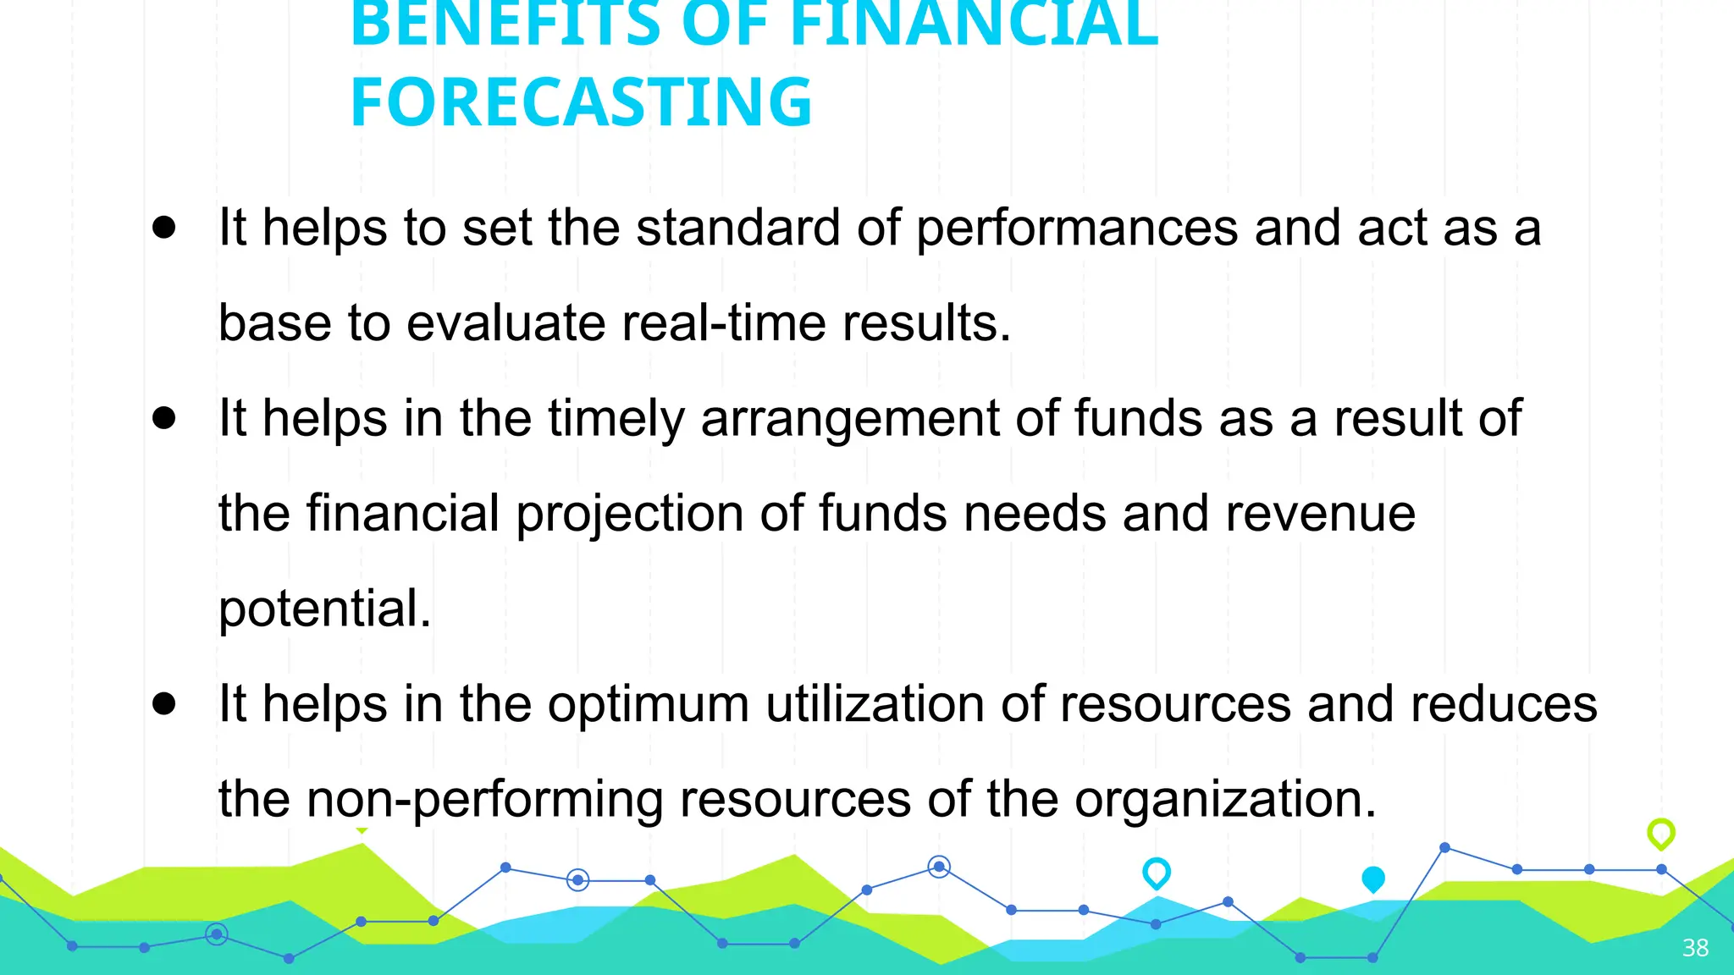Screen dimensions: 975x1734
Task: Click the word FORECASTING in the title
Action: (x=581, y=102)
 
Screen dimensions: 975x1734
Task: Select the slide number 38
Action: (x=1695, y=947)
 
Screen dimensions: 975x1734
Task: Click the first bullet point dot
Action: (x=164, y=227)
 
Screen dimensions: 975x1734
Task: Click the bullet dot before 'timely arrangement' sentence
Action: (x=164, y=417)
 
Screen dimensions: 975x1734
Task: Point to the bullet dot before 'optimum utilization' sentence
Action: (x=164, y=703)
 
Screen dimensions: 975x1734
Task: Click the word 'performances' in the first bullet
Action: (x=1077, y=229)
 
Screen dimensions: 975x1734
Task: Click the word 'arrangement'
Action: (x=850, y=419)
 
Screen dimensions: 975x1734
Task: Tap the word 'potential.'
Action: (x=325, y=609)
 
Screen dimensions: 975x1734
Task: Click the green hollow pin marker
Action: (x=1661, y=834)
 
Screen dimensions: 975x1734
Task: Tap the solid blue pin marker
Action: (x=1373, y=879)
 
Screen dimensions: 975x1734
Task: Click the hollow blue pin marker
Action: (x=1157, y=873)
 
